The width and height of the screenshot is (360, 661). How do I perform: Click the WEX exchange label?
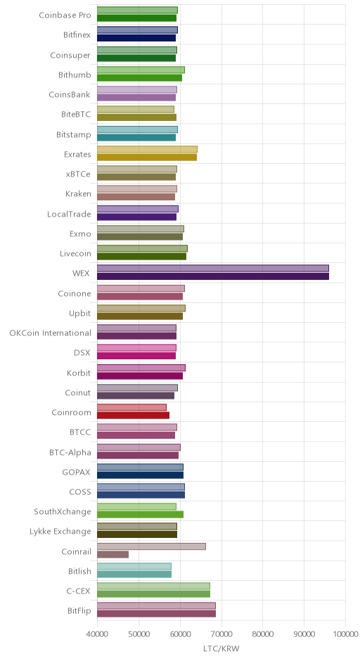[x=81, y=273]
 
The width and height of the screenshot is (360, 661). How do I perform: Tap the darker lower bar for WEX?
[x=213, y=276]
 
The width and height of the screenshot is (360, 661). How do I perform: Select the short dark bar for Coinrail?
[x=113, y=554]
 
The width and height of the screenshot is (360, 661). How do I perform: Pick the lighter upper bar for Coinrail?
[x=151, y=546]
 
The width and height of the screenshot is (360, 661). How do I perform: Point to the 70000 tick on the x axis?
[x=221, y=634]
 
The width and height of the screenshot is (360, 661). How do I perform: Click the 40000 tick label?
[x=97, y=634]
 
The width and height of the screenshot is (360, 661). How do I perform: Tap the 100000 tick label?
[x=345, y=634]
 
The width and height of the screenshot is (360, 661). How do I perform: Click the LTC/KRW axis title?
[x=221, y=648]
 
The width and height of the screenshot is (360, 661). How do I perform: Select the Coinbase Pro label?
[x=65, y=15]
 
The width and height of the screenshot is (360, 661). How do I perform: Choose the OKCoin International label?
[x=50, y=333]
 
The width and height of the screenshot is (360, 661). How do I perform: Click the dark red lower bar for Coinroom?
[x=133, y=415]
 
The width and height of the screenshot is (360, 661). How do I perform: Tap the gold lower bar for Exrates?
[x=147, y=158]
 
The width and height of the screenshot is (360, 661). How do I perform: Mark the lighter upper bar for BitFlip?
[x=156, y=605]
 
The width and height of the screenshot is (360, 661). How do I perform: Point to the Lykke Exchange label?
[x=60, y=532]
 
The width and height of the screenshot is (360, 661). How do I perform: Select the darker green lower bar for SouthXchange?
[x=141, y=514]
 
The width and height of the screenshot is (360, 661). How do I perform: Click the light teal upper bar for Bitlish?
[x=134, y=566]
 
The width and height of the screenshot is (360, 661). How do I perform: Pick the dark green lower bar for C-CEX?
[x=154, y=594]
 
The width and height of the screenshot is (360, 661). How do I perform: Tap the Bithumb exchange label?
[x=75, y=75]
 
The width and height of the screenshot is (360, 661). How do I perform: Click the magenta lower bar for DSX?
[x=136, y=356]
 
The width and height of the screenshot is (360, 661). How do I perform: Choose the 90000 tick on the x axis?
[x=304, y=634]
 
